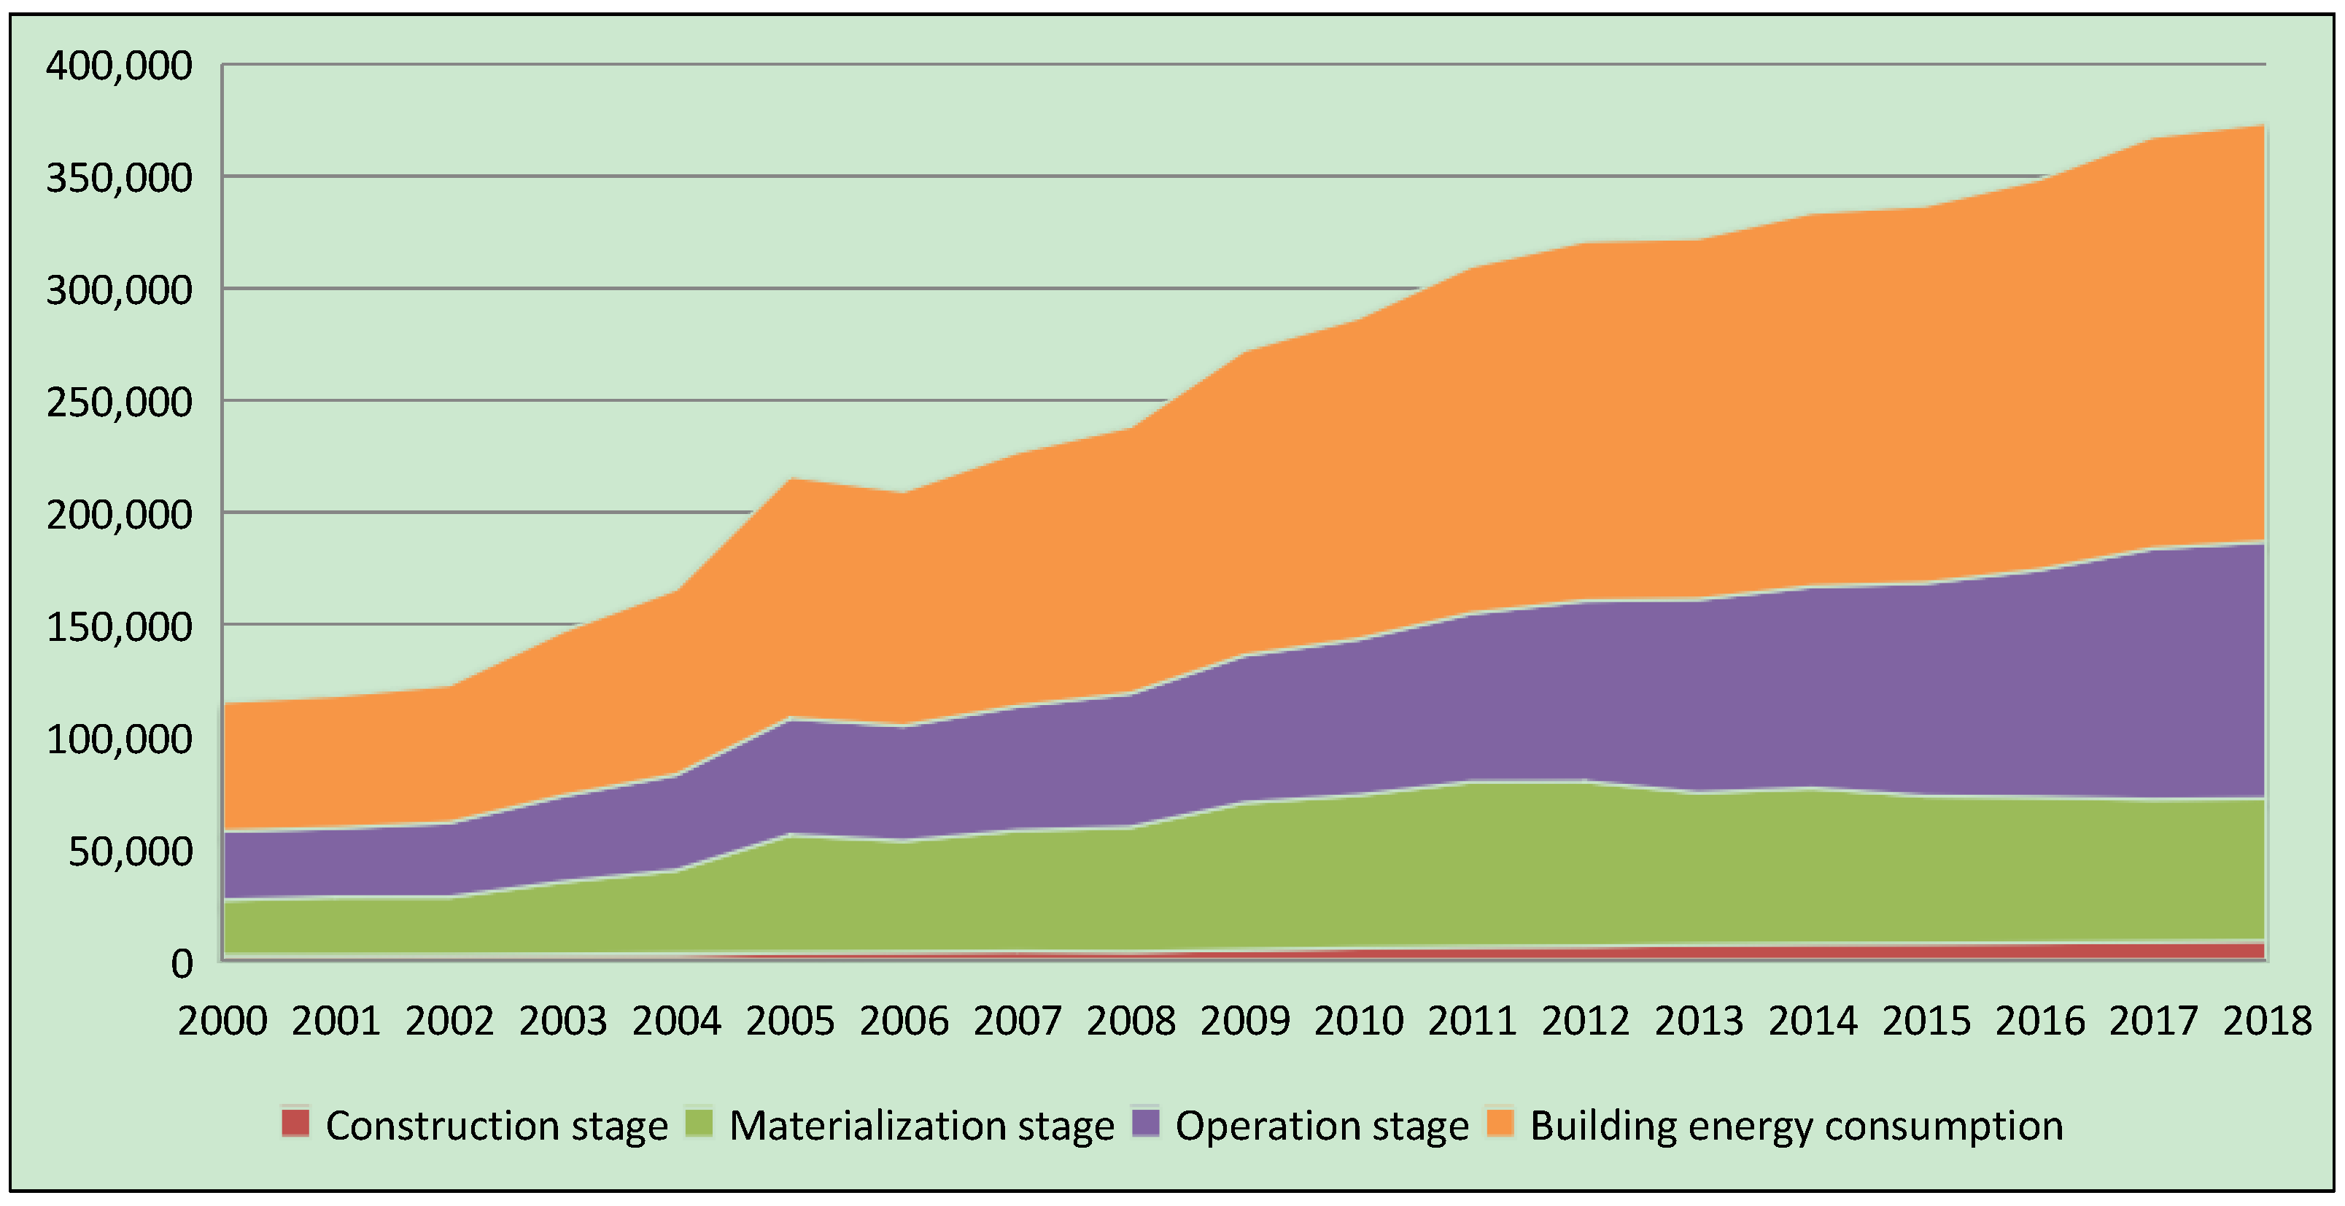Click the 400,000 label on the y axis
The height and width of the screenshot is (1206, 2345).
coord(119,66)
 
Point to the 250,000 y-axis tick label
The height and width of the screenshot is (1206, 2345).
coord(119,402)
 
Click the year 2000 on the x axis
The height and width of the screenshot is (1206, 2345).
coord(222,1020)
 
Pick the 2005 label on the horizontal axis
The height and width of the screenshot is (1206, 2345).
coord(790,1020)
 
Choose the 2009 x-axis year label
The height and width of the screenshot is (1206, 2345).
coord(1244,1020)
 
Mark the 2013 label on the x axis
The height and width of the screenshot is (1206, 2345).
coord(1699,1020)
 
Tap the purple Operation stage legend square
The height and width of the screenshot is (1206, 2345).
coord(1146,1123)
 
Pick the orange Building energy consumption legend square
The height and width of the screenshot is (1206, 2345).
coord(1500,1123)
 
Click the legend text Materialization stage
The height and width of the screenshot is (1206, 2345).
coord(921,1126)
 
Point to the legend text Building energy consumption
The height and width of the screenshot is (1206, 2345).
coord(1796,1126)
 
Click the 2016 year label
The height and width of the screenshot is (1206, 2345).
coord(2040,1020)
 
